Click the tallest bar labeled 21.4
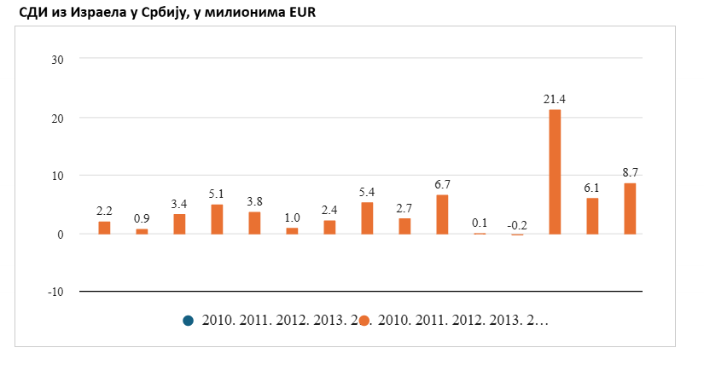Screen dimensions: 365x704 coord(555,171)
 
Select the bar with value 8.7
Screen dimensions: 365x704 coord(630,208)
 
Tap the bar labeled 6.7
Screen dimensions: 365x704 coord(442,214)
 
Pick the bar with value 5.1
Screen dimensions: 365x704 coord(217,219)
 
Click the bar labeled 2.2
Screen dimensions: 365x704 coord(104,228)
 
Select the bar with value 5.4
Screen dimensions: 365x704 coord(367,218)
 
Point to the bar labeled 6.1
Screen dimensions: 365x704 coord(592,216)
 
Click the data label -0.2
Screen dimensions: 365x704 coord(517,225)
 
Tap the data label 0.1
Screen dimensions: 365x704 coord(480,223)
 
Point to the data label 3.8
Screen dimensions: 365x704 coord(254,202)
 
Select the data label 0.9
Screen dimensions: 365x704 coord(142,219)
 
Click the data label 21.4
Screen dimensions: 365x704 coord(555,100)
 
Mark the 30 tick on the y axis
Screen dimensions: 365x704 coord(60,59)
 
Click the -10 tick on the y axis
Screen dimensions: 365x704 coord(57,292)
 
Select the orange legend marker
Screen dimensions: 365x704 coord(364,321)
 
